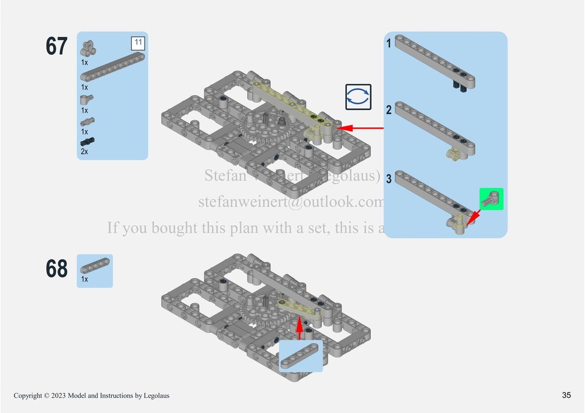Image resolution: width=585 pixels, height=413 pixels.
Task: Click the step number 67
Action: tap(57, 47)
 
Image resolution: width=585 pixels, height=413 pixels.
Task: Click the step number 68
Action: tap(57, 269)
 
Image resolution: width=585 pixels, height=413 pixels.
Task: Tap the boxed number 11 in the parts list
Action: tap(137, 43)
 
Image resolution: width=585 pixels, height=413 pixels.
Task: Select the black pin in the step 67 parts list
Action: tap(88, 142)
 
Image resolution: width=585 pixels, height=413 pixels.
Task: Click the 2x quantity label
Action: tap(85, 152)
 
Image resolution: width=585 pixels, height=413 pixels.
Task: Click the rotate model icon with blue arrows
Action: tap(357, 97)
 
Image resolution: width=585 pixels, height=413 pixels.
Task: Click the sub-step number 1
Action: tap(389, 43)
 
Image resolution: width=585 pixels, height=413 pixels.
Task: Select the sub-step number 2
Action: tap(389, 110)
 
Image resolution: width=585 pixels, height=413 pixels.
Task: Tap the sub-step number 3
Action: tap(389, 179)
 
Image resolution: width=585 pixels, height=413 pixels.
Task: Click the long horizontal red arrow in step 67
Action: tap(362, 127)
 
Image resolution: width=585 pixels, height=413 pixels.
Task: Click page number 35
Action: tap(566, 395)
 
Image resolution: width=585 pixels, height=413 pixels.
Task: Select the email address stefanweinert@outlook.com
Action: tap(290, 202)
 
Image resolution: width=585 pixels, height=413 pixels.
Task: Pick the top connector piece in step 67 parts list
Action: tap(88, 47)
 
